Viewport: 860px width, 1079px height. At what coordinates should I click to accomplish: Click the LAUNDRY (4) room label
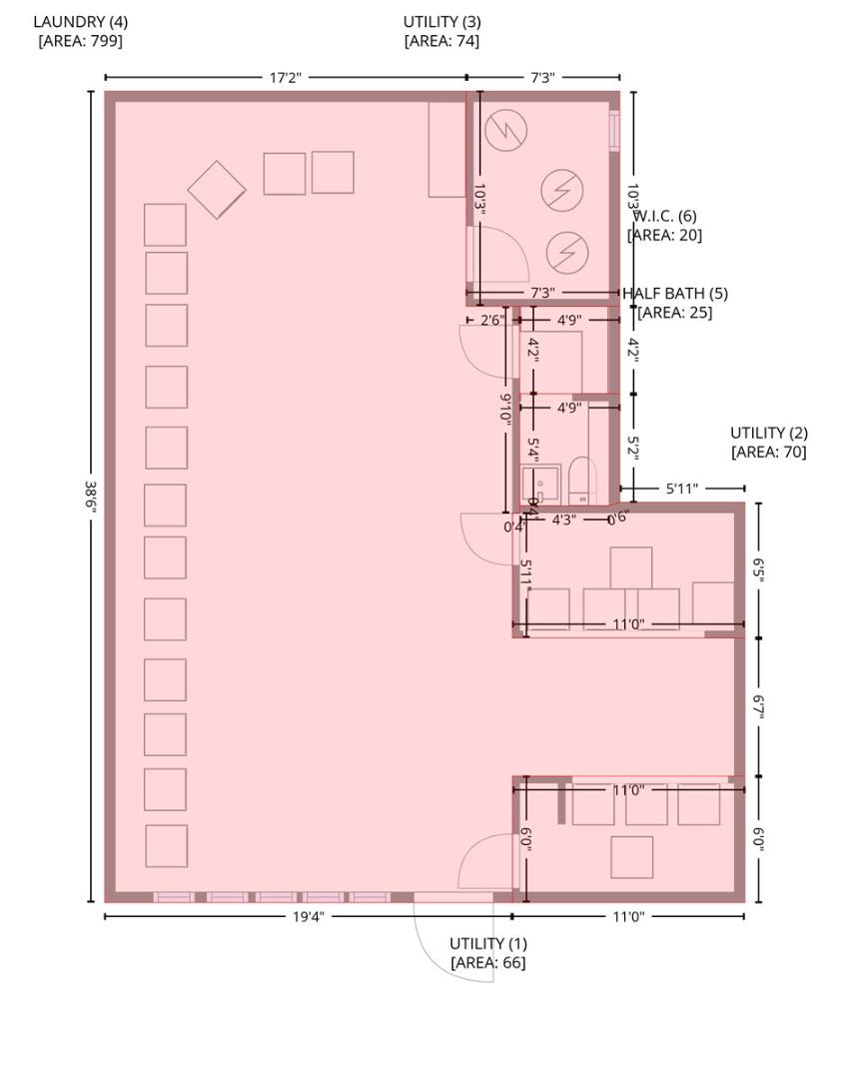coord(80,21)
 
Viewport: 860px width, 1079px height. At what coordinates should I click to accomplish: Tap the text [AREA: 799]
coord(80,41)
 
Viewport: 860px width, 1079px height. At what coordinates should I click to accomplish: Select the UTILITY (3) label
coord(441,21)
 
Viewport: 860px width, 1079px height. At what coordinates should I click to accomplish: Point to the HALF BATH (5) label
coord(675,294)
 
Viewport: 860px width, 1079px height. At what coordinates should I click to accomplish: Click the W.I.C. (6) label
coord(665,216)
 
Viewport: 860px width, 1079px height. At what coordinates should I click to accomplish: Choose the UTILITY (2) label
coord(768,433)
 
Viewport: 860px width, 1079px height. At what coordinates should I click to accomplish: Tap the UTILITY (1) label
coord(487,943)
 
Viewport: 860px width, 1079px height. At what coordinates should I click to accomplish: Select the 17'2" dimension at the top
coord(285,77)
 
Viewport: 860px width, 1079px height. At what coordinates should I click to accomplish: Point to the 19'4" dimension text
coord(308,917)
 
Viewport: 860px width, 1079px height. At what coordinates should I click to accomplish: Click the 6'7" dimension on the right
coord(759,707)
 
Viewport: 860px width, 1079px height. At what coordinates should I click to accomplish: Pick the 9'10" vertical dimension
coord(506,408)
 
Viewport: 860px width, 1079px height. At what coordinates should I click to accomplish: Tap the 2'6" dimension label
coord(491,321)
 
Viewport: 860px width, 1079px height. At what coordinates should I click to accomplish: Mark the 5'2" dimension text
coord(633,447)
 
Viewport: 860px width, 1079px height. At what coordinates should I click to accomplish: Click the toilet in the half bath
coord(581,481)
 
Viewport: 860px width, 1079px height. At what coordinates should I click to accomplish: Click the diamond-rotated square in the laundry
coord(217,190)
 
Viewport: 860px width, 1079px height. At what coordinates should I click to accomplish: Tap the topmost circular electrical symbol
coord(505,130)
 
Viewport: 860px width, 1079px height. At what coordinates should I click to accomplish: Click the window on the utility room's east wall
coord(614,130)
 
